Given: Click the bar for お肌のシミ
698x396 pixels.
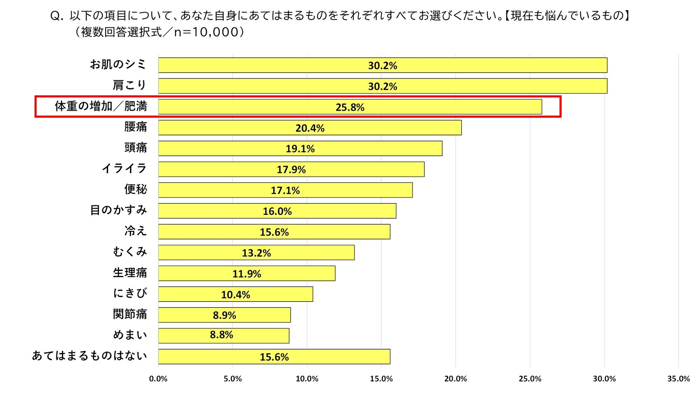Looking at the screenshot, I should click(383, 65).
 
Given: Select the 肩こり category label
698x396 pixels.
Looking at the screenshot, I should click(130, 85).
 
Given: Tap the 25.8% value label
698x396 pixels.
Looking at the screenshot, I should click(350, 107).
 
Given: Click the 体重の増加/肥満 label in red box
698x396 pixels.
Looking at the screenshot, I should click(101, 106).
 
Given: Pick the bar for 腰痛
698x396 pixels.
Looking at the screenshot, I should click(310, 128).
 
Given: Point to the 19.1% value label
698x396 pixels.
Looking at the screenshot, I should click(300, 149).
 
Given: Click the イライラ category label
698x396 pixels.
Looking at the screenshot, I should click(124, 168).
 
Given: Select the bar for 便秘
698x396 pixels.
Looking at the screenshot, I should click(285, 190).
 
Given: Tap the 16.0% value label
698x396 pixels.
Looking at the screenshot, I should click(277, 211).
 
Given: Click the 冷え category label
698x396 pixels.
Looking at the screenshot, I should click(135, 231).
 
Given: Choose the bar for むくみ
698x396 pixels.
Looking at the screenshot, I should click(256, 253).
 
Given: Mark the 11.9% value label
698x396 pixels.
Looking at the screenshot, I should click(247, 274).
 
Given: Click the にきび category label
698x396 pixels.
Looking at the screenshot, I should click(130, 293).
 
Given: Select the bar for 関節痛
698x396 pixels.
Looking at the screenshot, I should click(224, 315).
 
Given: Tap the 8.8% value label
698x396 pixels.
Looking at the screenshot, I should click(221, 335).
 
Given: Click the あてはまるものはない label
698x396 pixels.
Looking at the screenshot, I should click(89, 356).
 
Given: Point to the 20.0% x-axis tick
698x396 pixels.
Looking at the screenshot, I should click(455, 379).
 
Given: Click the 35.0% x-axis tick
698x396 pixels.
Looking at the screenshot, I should click(678, 379).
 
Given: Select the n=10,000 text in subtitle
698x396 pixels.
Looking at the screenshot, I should click(206, 32).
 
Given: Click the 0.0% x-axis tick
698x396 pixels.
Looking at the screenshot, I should click(158, 379).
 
